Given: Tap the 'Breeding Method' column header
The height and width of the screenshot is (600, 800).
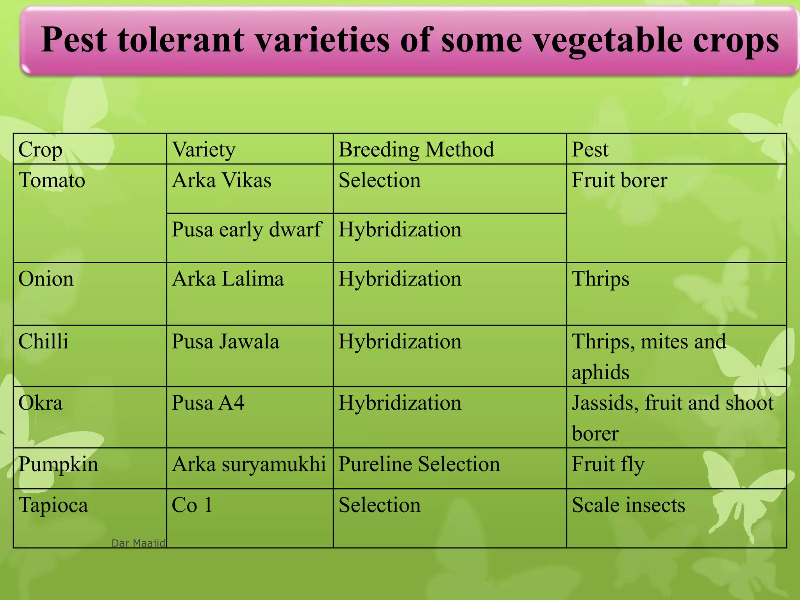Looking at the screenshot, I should pos(416,149).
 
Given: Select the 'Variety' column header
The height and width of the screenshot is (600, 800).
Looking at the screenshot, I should pos(204,149).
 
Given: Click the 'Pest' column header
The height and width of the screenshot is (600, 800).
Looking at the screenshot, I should pos(590,149).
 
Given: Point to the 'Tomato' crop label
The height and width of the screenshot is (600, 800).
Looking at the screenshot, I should pos(52,180).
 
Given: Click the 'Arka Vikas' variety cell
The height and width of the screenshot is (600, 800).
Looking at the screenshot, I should pos(221,180).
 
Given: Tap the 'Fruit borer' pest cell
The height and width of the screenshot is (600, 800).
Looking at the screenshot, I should pos(619,180).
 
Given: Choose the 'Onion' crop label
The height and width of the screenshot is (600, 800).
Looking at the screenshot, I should pos(46,279).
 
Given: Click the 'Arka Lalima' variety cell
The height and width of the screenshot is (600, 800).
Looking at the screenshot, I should pos(228,279).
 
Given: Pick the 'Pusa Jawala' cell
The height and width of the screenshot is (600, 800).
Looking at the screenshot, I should pos(225,341).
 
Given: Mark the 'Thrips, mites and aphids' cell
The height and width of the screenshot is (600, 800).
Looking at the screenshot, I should pos(648,356).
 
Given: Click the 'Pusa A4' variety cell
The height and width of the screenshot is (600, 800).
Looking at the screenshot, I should pos(208,403).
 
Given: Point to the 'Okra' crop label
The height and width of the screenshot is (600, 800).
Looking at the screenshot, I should pos(40,403).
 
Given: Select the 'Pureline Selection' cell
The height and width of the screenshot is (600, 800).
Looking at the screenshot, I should pos(419,464).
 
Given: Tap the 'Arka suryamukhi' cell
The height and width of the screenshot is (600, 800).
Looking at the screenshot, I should pos(249,464).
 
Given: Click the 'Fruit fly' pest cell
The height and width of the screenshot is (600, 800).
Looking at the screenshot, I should pos(608,464).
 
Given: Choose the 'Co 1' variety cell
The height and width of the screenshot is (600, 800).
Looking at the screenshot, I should pos(192,505).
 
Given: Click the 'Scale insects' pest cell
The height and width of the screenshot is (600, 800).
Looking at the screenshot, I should pos(628,505).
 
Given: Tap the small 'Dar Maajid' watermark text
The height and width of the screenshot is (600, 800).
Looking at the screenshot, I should pos(138,543).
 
